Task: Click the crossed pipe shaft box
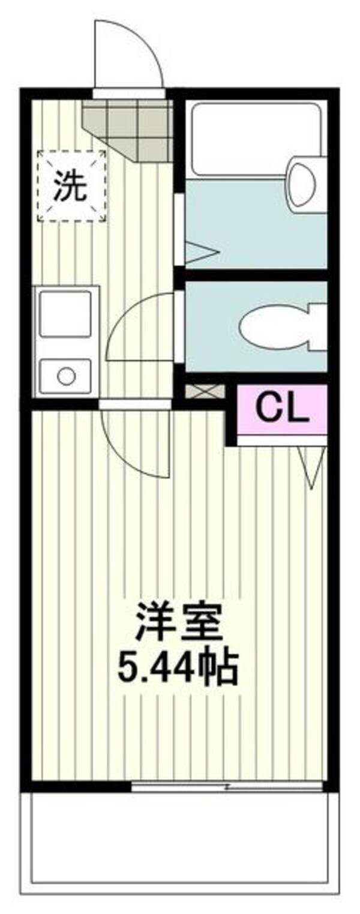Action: coord(205,392)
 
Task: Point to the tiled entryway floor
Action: coord(127,128)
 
